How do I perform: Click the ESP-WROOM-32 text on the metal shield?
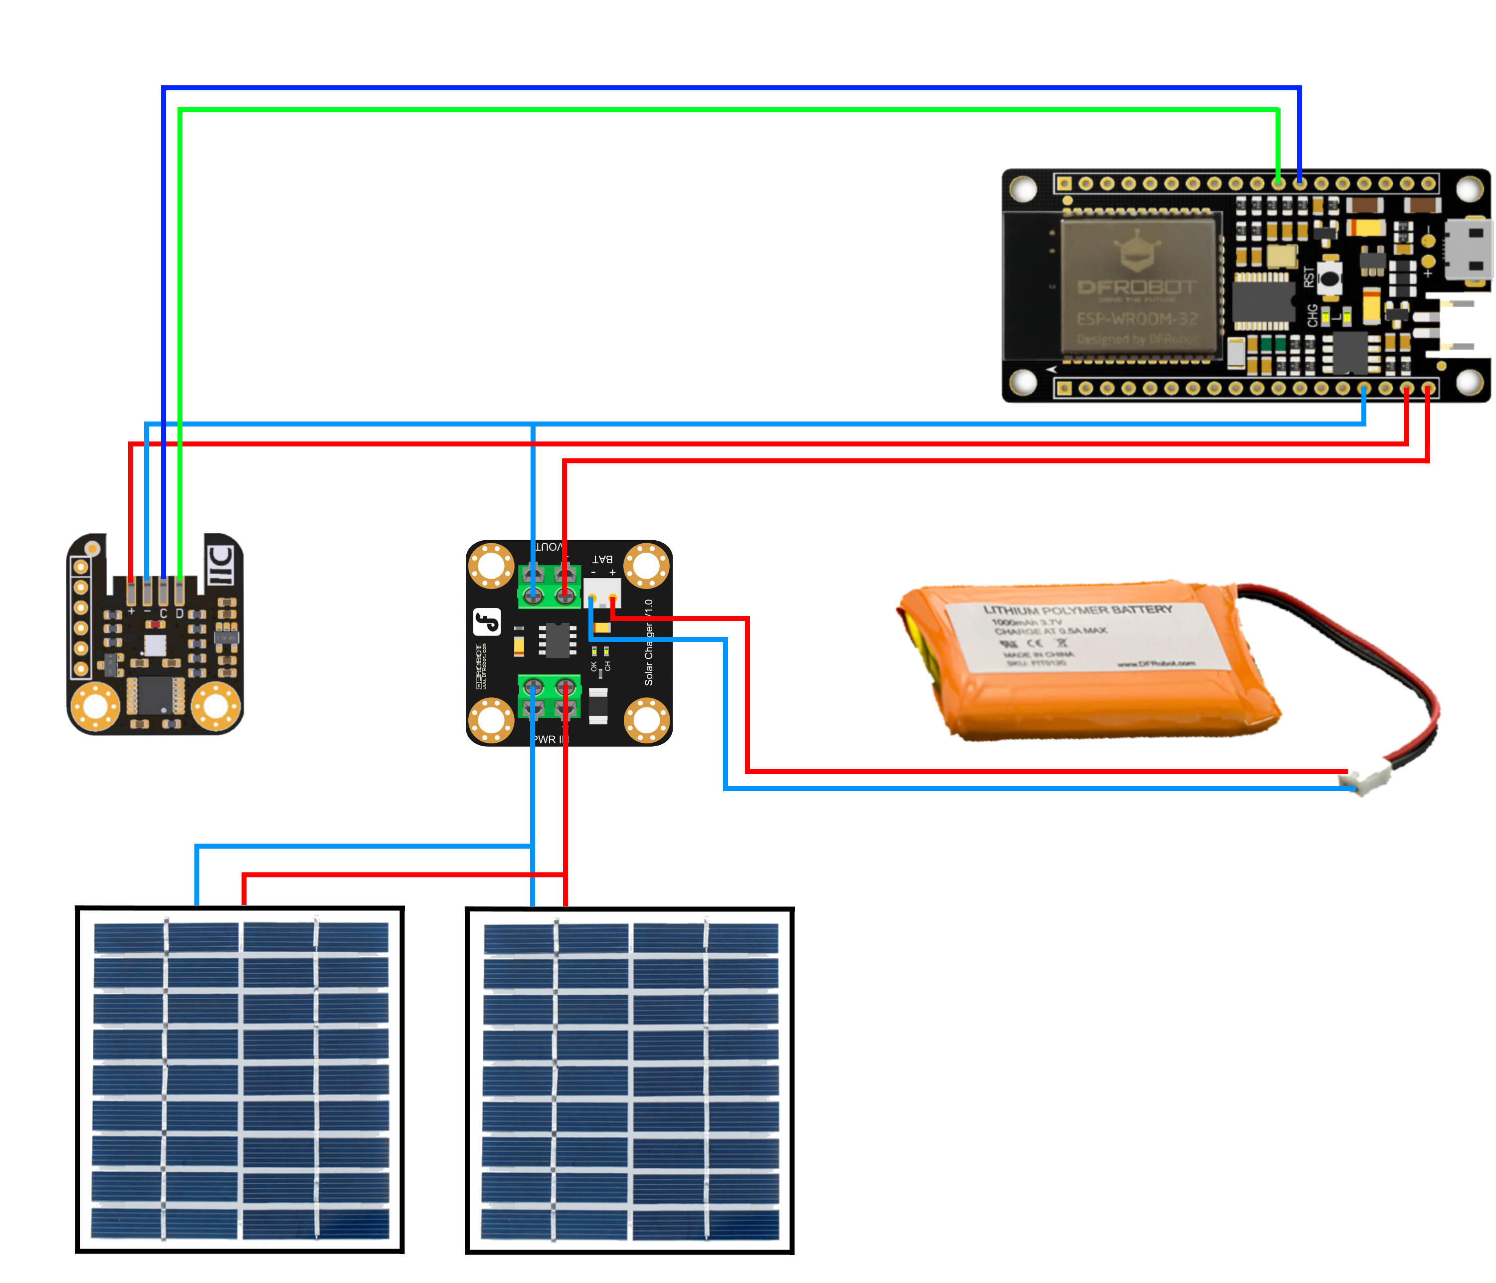click(1137, 319)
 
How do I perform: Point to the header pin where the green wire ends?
click(1278, 184)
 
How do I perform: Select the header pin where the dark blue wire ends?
click(1300, 184)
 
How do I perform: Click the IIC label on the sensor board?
click(221, 564)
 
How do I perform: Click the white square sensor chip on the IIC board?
click(155, 645)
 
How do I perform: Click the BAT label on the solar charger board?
click(602, 559)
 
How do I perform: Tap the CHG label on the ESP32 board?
click(1312, 316)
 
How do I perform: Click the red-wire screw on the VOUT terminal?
click(565, 595)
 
